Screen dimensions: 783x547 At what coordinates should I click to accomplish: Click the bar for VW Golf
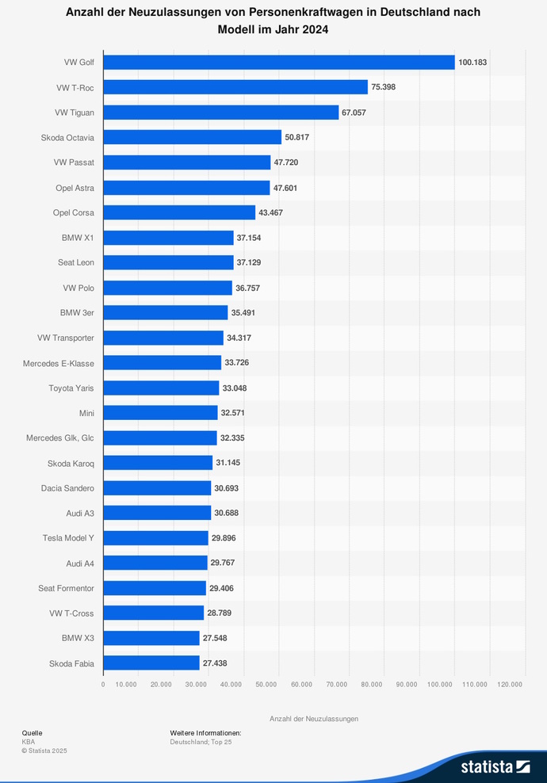(x=279, y=62)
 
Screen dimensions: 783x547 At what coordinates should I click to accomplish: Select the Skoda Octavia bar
(x=193, y=137)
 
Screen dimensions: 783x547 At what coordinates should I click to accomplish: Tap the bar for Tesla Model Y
(x=155, y=537)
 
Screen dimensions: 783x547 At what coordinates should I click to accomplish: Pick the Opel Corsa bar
(x=179, y=212)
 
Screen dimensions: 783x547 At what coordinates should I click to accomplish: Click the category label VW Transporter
(x=66, y=338)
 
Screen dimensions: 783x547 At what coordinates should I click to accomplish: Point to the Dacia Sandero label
(x=67, y=488)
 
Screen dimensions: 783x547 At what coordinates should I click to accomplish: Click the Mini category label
(x=86, y=413)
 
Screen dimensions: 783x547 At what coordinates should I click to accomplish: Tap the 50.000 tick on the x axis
(x=266, y=684)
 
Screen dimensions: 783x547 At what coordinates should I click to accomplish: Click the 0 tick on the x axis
(x=103, y=684)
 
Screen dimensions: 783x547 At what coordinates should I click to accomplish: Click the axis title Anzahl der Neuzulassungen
(x=314, y=719)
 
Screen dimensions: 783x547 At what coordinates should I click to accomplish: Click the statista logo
(x=495, y=766)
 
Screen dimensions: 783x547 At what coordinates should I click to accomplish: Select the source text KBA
(x=29, y=742)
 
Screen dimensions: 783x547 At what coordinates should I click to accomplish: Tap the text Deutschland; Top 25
(x=201, y=742)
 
